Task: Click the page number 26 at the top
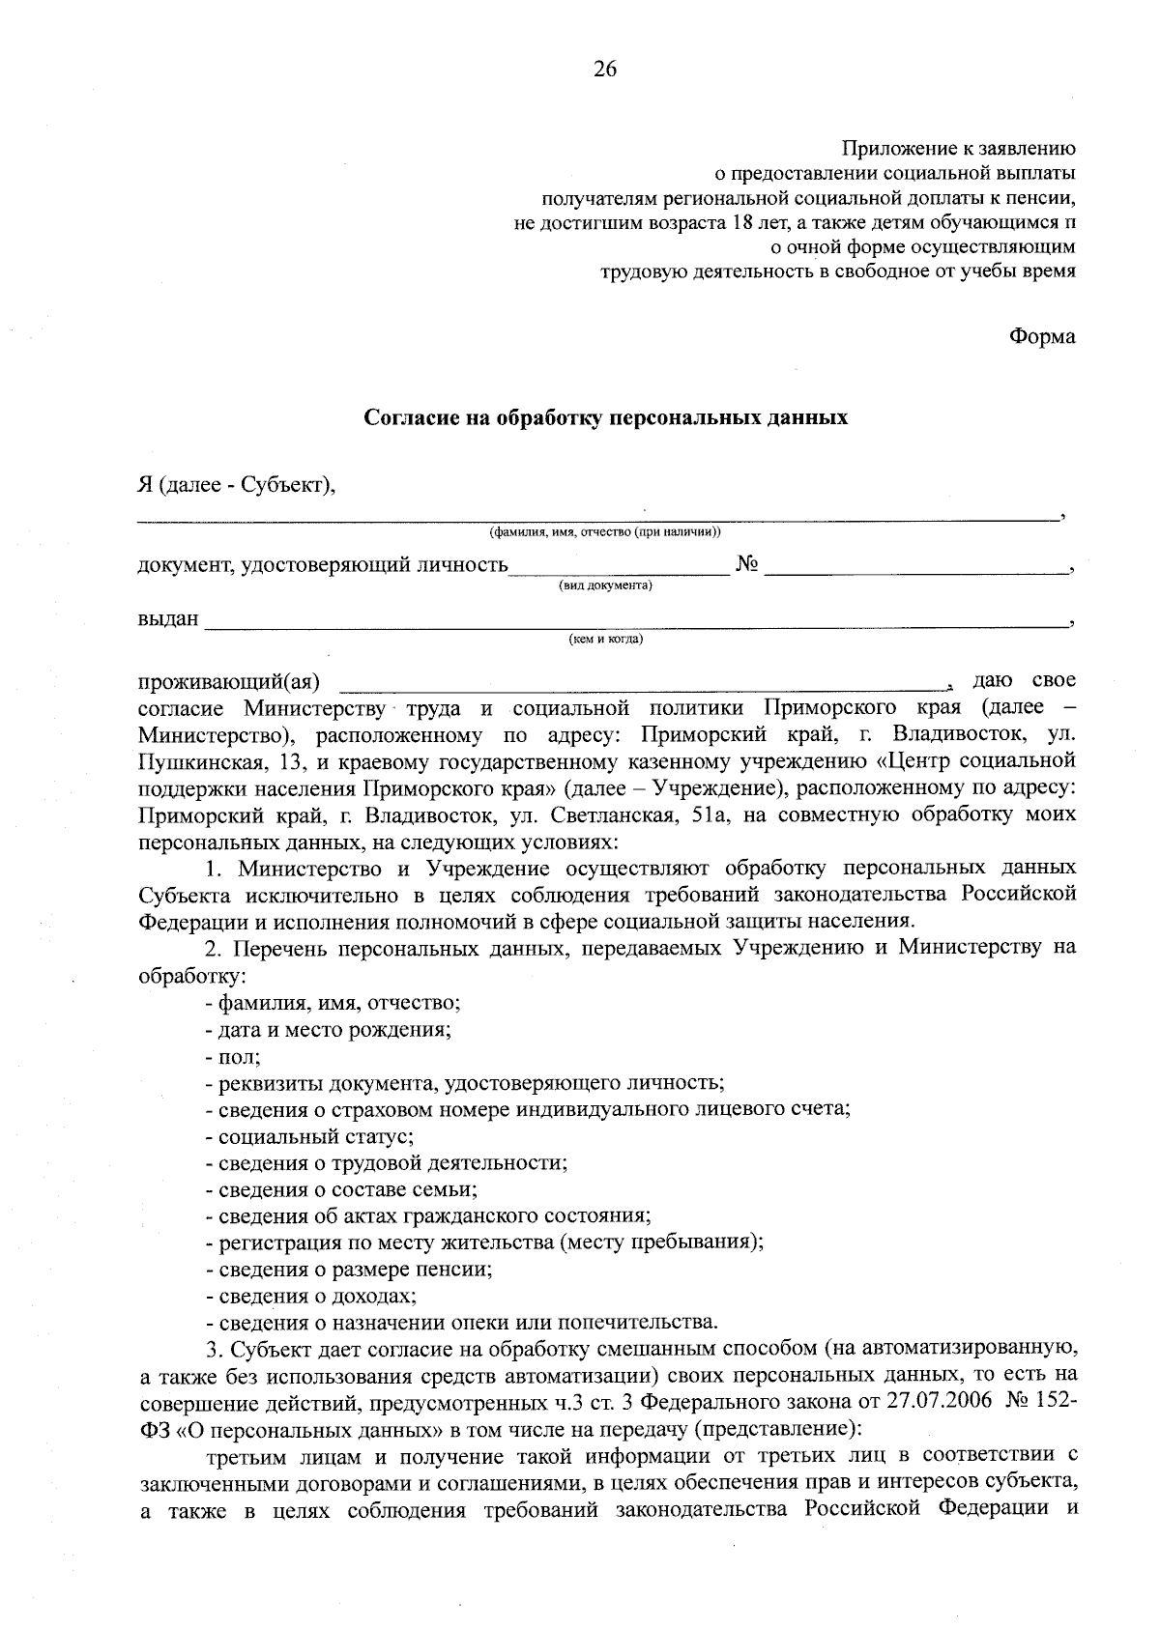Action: pos(605,70)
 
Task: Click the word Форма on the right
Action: pos(1042,336)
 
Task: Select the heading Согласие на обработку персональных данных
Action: pos(605,418)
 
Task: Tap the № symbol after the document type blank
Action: pos(746,564)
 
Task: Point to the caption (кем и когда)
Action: pos(605,639)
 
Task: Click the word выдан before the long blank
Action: pos(168,618)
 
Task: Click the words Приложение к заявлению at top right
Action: pos(959,149)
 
